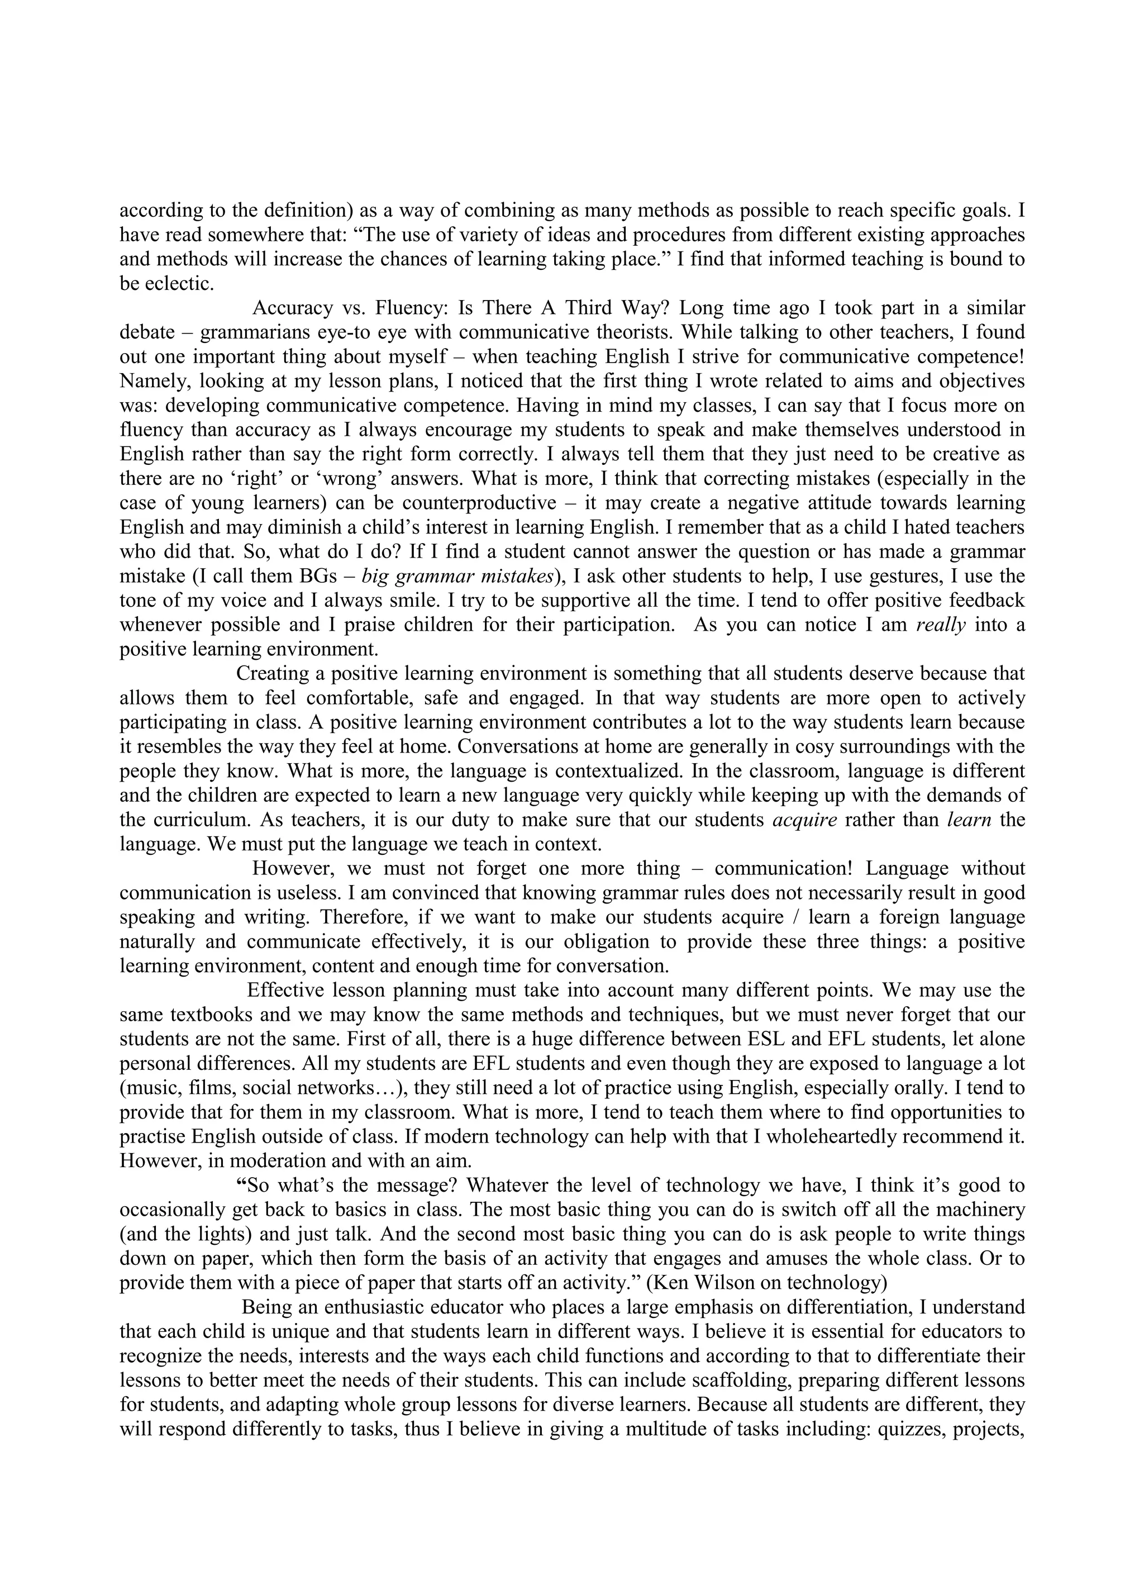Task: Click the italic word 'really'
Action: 941,625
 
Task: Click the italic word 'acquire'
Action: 804,820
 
